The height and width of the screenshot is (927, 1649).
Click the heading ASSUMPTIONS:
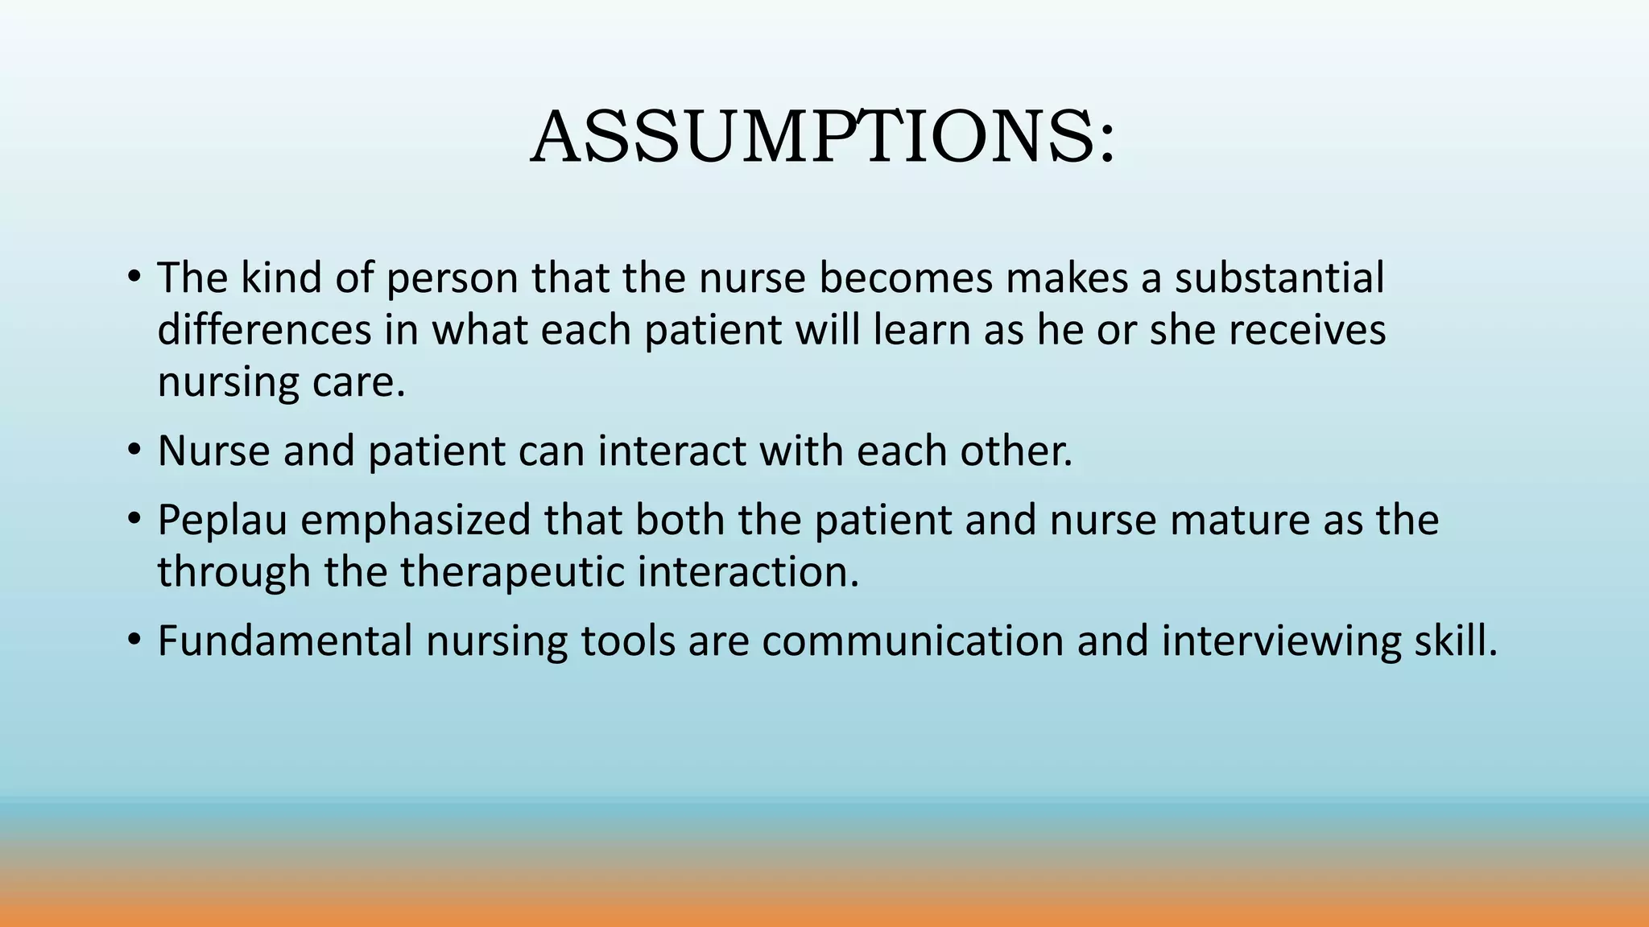click(x=823, y=138)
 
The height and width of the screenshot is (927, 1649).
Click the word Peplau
click(x=222, y=520)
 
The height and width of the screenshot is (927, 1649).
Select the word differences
click(x=264, y=330)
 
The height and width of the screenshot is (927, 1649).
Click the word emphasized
click(x=415, y=520)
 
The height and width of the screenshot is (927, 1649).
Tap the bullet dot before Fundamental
click(x=134, y=641)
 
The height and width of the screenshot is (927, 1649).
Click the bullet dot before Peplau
click(x=134, y=519)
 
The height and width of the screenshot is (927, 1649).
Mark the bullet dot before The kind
click(x=134, y=277)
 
